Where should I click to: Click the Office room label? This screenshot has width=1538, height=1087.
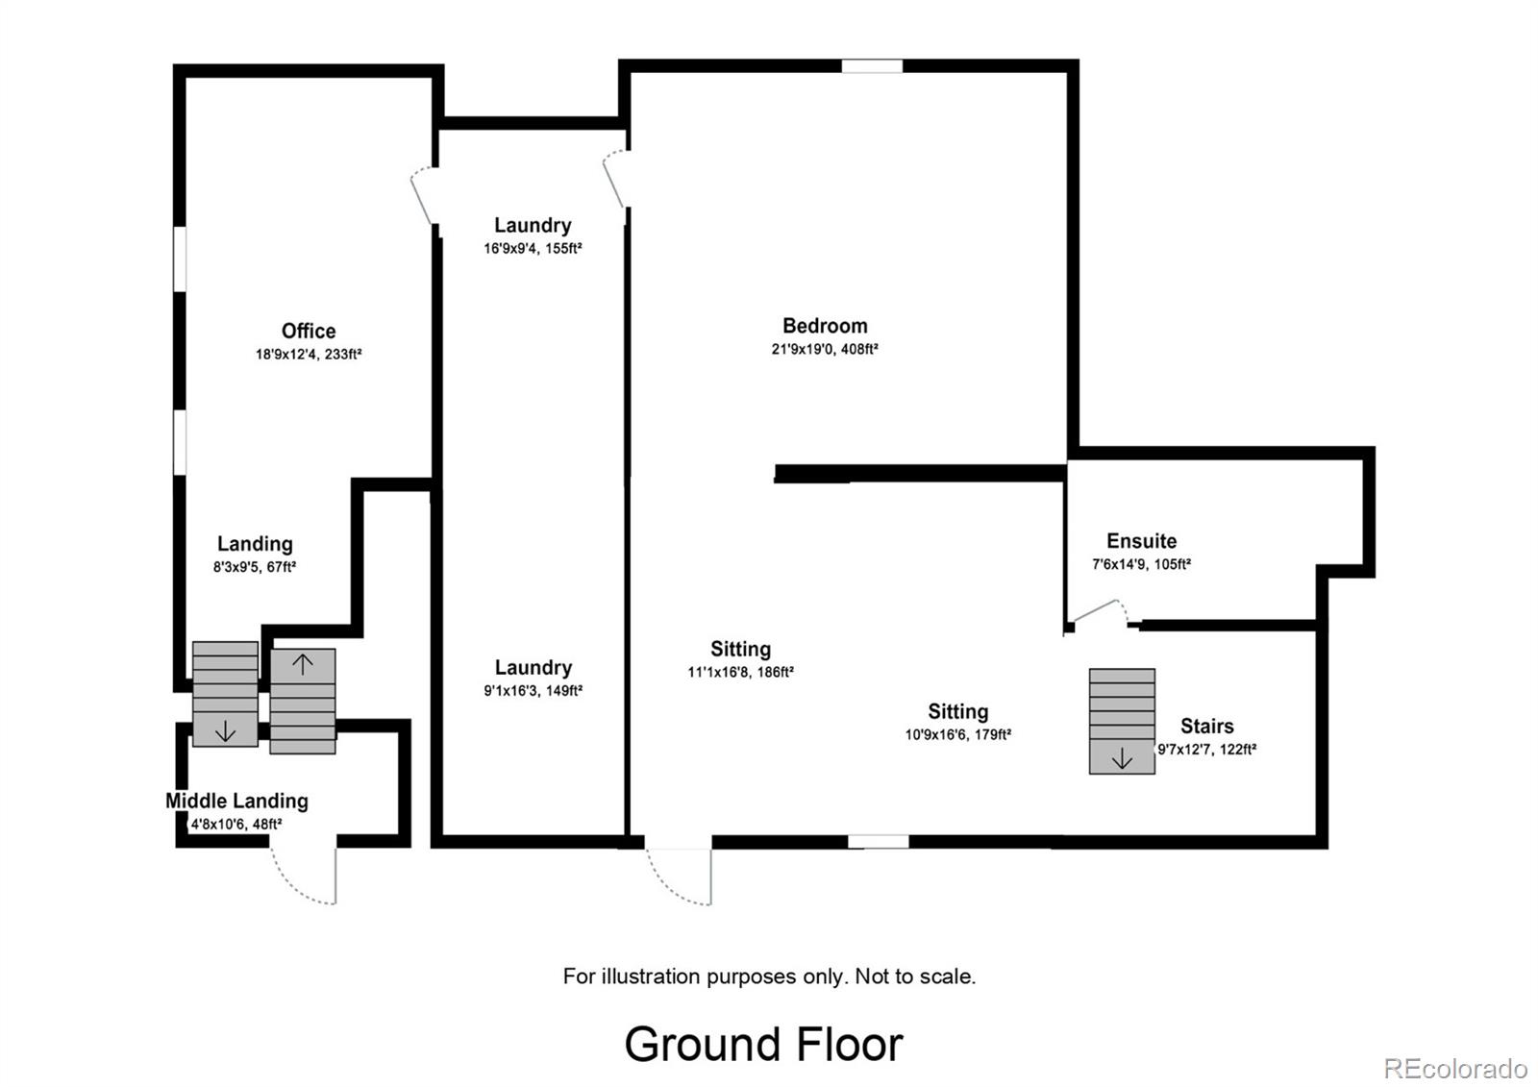308,331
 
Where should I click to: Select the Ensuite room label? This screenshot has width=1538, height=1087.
1141,541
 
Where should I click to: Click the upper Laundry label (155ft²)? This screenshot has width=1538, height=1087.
533,225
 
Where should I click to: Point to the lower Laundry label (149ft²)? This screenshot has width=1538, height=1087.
533,667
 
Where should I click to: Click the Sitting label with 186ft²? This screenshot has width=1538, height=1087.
740,649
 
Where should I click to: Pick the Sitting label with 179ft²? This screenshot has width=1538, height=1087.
957,711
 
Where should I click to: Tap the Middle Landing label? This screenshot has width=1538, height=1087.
236,801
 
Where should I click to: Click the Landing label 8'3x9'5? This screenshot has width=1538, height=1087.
254,544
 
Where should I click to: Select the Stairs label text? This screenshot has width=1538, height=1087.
1206,726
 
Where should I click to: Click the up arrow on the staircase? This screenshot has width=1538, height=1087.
303,664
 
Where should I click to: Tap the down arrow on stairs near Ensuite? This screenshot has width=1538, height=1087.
1122,759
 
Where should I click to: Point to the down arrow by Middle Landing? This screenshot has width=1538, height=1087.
225,731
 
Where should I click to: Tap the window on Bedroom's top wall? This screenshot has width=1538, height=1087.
872,66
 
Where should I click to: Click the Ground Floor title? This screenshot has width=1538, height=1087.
763,1044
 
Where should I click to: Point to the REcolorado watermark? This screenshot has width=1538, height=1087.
1454,1068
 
